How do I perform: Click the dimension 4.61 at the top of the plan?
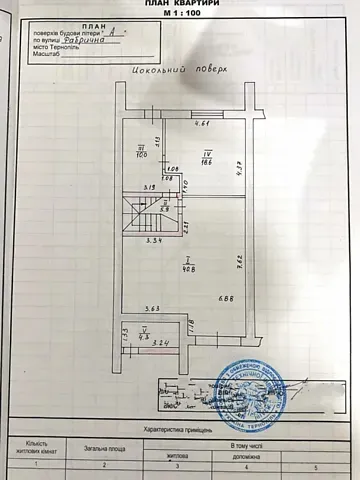(200, 124)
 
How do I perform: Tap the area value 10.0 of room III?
(141, 153)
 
